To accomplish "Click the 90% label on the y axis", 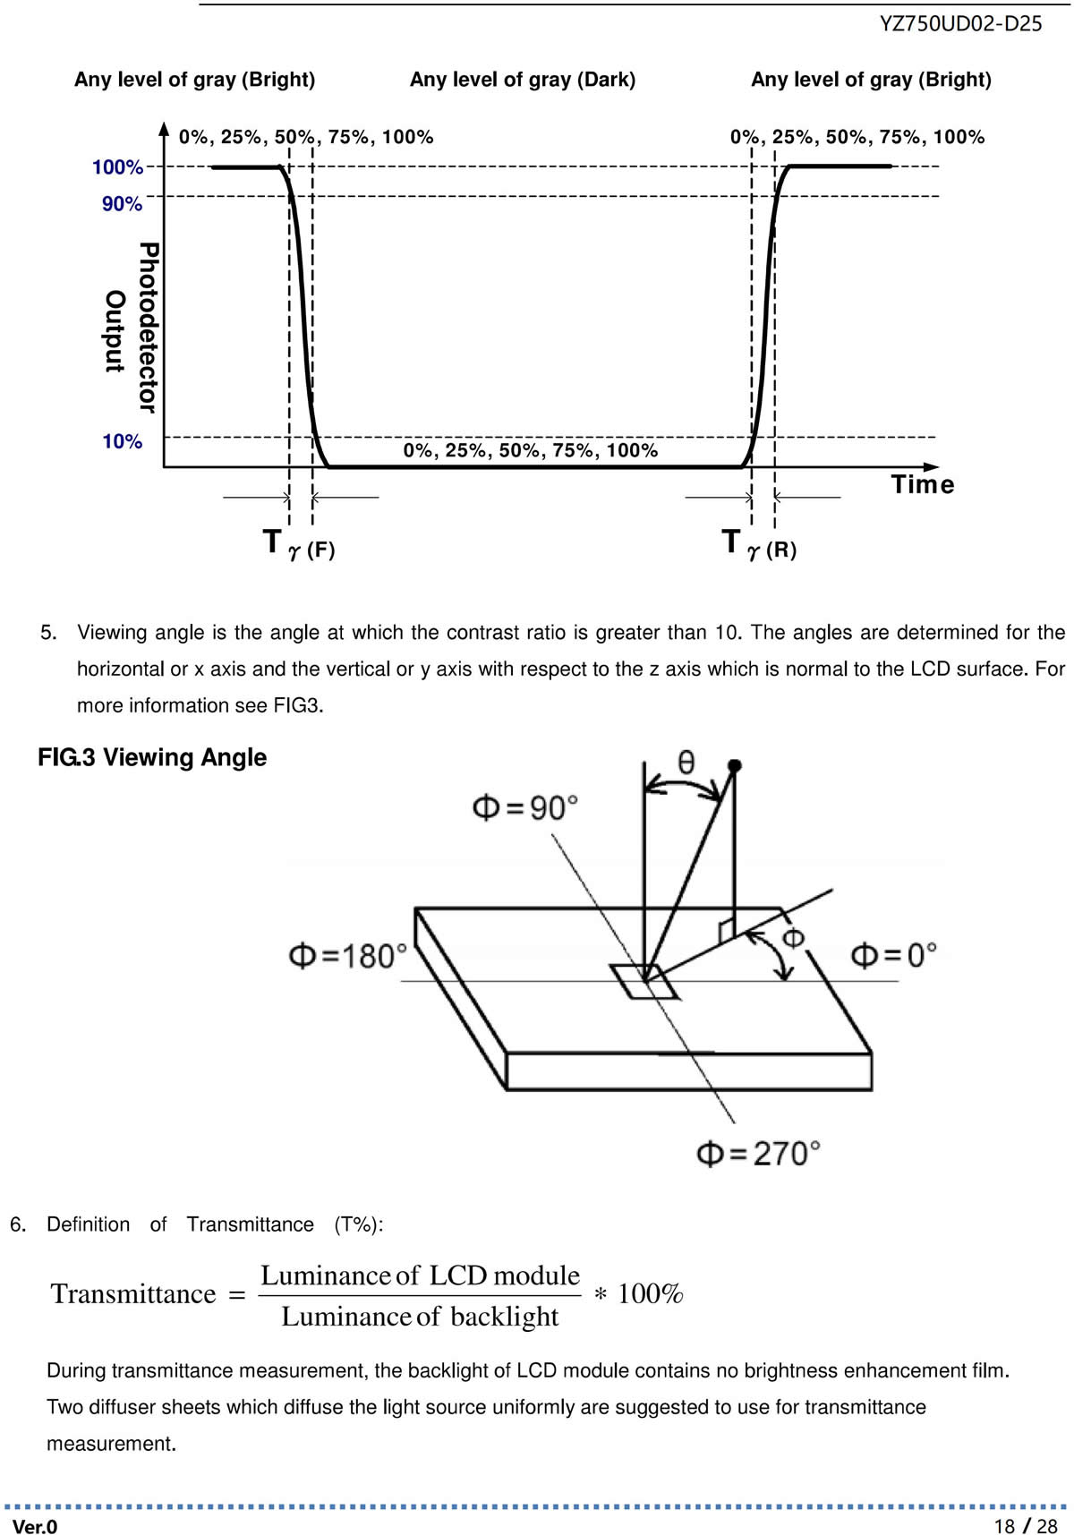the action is click(x=123, y=204).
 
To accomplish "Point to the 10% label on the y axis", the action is click(x=123, y=441).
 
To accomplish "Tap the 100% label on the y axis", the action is click(x=117, y=167).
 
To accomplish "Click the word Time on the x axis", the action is click(x=923, y=484).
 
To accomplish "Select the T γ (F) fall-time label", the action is click(x=299, y=544).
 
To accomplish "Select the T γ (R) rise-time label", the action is click(x=759, y=544).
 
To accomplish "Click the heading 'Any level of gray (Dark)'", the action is click(x=523, y=80).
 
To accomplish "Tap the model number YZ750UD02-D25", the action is click(x=961, y=24).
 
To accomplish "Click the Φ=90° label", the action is click(x=525, y=807).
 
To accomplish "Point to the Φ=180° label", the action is click(x=347, y=956).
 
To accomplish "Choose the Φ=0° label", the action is click(x=893, y=955).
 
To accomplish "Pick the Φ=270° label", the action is click(x=758, y=1153).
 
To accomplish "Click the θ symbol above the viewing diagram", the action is click(x=686, y=762).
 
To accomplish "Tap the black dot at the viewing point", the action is click(x=735, y=765).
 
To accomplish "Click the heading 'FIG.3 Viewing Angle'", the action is click(x=152, y=758).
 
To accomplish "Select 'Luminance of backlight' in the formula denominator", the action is click(x=420, y=1317).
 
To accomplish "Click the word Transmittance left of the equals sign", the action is click(x=133, y=1294).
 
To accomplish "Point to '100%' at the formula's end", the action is click(x=651, y=1294).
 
